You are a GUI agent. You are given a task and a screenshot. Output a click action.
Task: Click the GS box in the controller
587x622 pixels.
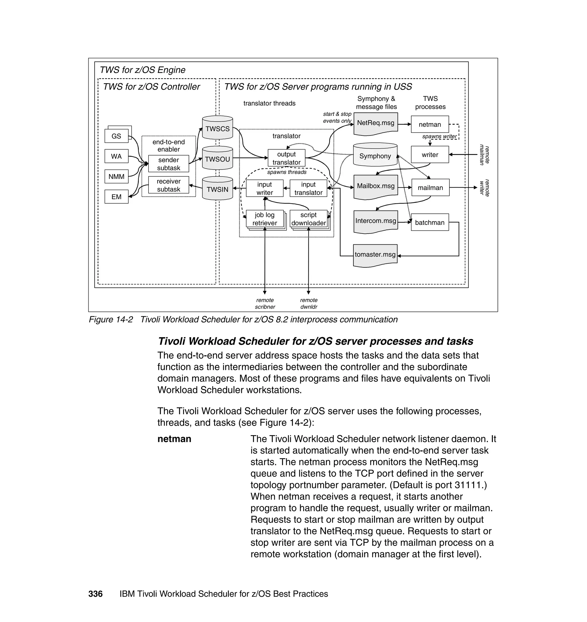116,136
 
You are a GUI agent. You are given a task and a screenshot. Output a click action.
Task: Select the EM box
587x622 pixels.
116,197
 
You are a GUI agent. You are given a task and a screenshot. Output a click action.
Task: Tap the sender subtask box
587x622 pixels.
168,164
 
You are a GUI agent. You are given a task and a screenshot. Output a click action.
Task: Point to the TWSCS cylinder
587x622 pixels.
218,128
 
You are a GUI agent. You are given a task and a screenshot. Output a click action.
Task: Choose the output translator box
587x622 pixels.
286,158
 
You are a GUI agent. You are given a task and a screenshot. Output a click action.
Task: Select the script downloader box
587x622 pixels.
308,219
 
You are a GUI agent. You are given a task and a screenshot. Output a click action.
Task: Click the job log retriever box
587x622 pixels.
265,219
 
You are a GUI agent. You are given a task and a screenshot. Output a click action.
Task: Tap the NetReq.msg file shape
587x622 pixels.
375,123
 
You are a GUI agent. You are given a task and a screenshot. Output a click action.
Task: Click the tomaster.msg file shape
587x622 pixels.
375,255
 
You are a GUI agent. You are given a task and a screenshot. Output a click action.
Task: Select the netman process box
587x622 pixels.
430,124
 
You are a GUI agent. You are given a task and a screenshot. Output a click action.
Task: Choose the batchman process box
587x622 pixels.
430,222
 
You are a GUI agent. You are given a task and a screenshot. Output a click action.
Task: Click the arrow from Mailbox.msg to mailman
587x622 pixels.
405,188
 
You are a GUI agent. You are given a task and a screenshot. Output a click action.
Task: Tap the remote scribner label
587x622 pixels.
265,304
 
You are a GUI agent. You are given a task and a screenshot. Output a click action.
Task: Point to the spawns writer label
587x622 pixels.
439,136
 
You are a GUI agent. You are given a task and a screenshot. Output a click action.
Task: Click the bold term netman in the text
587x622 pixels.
174,439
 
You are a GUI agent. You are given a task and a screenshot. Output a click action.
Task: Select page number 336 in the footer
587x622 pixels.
95,594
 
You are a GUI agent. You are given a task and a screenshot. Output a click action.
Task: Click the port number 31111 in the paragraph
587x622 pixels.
468,485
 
